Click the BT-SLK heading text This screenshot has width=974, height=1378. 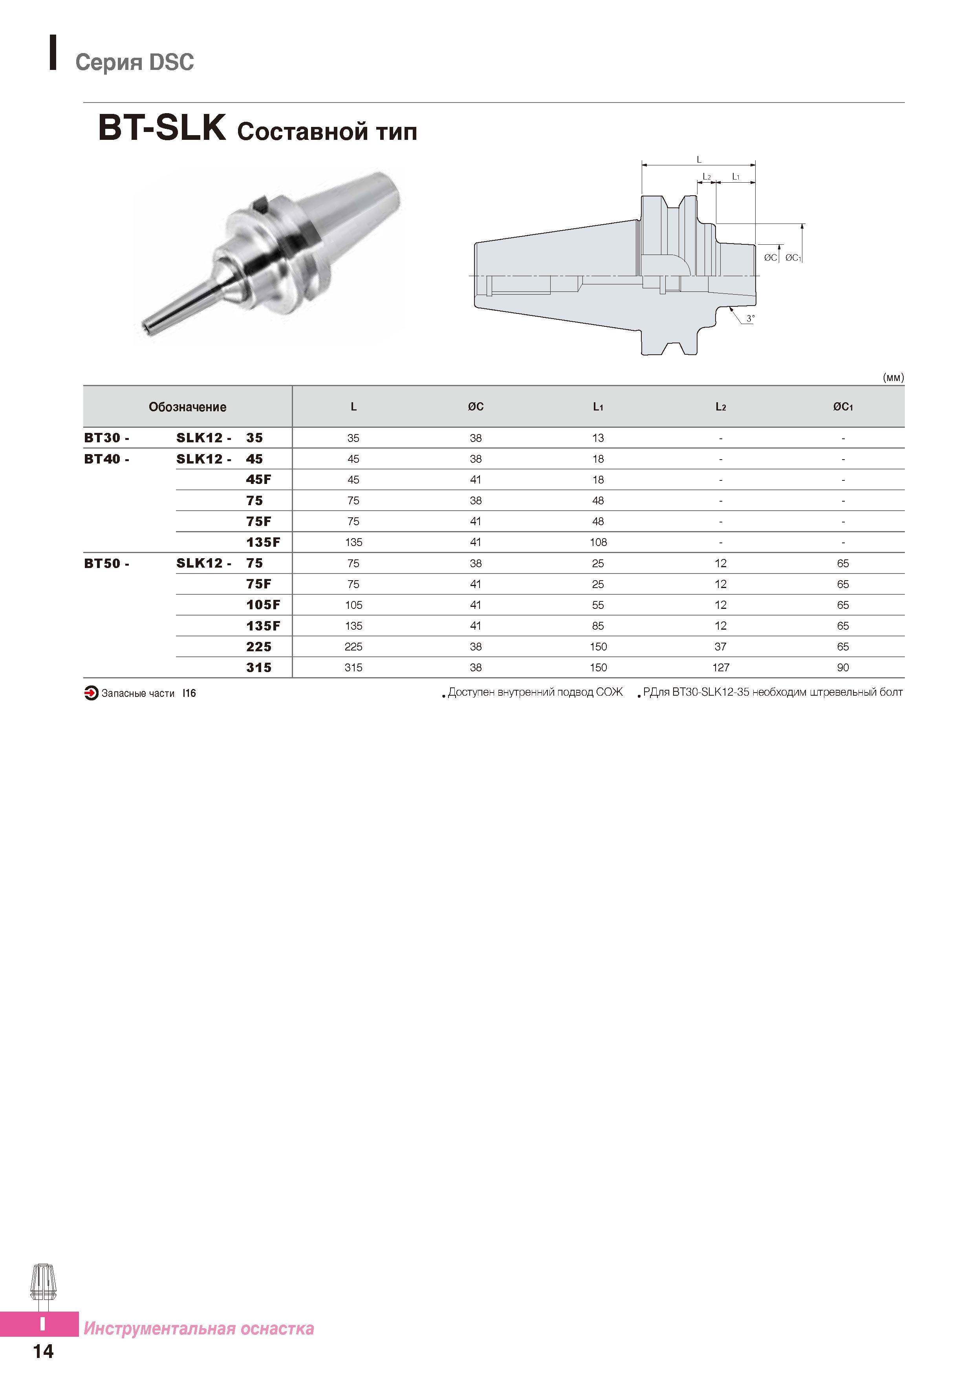coord(162,128)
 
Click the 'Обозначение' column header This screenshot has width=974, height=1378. coord(187,407)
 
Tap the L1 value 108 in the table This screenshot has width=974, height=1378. coord(598,542)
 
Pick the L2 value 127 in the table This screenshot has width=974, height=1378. coord(720,667)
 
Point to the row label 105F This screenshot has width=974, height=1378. coord(263,605)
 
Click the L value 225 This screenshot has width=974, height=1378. coord(353,647)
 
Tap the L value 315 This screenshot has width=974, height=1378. coord(353,667)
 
